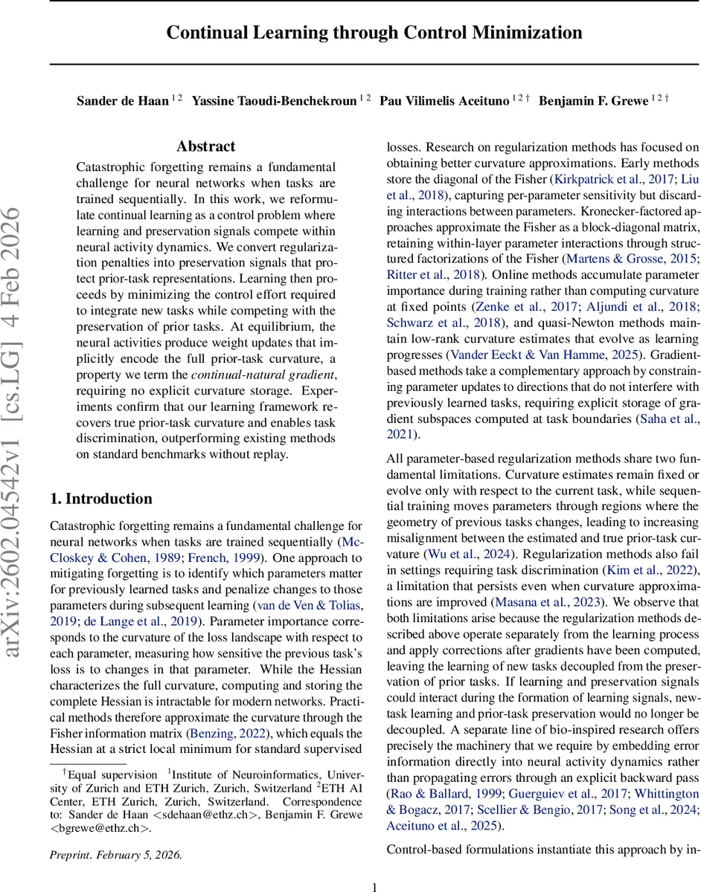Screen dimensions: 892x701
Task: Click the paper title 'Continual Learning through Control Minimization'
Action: [x=374, y=33]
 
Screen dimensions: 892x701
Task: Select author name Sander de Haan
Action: [x=123, y=101]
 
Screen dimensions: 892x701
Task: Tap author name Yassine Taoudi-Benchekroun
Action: [x=274, y=101]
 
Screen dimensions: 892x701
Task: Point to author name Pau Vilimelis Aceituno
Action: [x=444, y=101]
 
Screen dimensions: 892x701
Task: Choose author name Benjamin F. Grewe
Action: [x=592, y=101]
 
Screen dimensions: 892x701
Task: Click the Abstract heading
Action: [x=206, y=146]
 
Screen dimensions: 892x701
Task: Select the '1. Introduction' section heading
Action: [x=100, y=499]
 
